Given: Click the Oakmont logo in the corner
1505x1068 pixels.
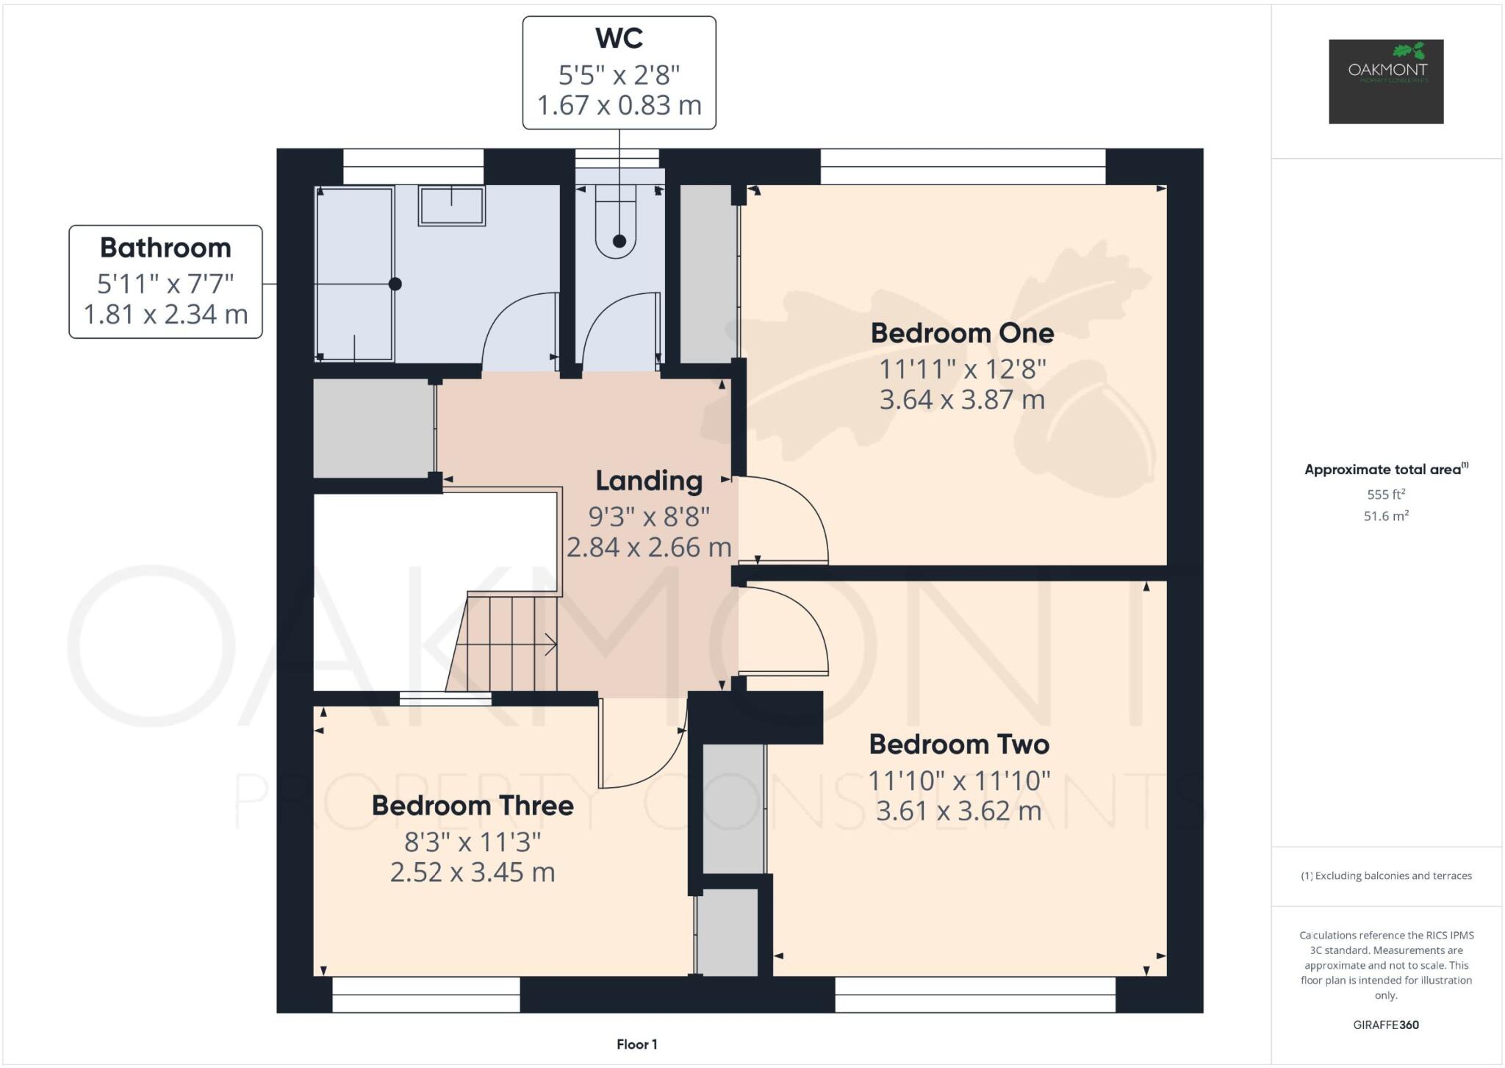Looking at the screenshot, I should pyautogui.click(x=1385, y=81).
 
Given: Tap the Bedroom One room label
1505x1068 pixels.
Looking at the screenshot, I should pyautogui.click(x=962, y=333).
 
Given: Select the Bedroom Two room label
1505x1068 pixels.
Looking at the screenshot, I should pyautogui.click(x=959, y=745).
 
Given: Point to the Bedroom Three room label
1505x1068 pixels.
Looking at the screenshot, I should pyautogui.click(x=473, y=806).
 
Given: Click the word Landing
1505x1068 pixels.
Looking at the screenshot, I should pyautogui.click(x=649, y=481).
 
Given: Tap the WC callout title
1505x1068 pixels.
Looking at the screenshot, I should pyautogui.click(x=619, y=38).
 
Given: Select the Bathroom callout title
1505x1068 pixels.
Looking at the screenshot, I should pyautogui.click(x=165, y=248).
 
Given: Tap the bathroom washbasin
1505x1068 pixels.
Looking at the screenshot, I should pyautogui.click(x=451, y=204).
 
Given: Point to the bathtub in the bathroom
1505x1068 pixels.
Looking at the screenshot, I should pyautogui.click(x=354, y=273).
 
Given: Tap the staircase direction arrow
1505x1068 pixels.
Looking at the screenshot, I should pyautogui.click(x=549, y=645).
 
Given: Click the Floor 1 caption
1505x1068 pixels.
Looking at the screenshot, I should pyautogui.click(x=636, y=1044).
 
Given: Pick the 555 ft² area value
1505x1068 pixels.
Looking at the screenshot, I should pyautogui.click(x=1385, y=495).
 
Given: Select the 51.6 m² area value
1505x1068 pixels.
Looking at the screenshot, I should pyautogui.click(x=1385, y=516).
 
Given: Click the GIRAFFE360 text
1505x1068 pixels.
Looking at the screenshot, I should pyautogui.click(x=1385, y=1025).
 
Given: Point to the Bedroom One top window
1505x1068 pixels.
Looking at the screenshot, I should pyautogui.click(x=963, y=167).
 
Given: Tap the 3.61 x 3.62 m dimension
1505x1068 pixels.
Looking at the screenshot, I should pyautogui.click(x=959, y=811).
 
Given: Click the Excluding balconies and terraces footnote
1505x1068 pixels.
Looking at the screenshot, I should pyautogui.click(x=1386, y=875).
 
